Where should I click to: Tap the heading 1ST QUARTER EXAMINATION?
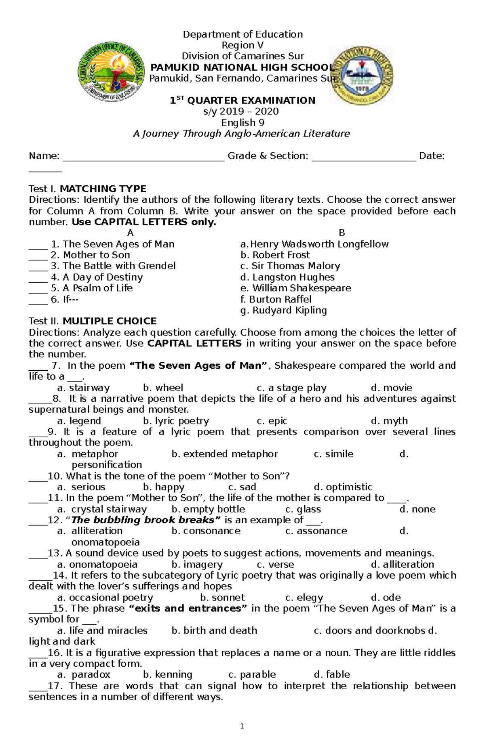[x=242, y=101]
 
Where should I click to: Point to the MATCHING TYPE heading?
[x=103, y=189]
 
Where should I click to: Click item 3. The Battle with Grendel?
[x=114, y=266]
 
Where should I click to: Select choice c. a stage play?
[x=291, y=388]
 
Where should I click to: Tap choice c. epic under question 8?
[x=272, y=421]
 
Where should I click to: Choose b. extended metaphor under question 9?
[x=225, y=454]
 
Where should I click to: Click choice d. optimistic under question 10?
[x=343, y=487]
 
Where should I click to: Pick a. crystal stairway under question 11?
[x=102, y=509]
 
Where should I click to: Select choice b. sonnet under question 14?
[x=223, y=598]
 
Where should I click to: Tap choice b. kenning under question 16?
[x=168, y=675]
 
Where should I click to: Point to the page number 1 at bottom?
[x=242, y=726]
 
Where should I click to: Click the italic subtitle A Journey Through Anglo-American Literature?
[x=241, y=134]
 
